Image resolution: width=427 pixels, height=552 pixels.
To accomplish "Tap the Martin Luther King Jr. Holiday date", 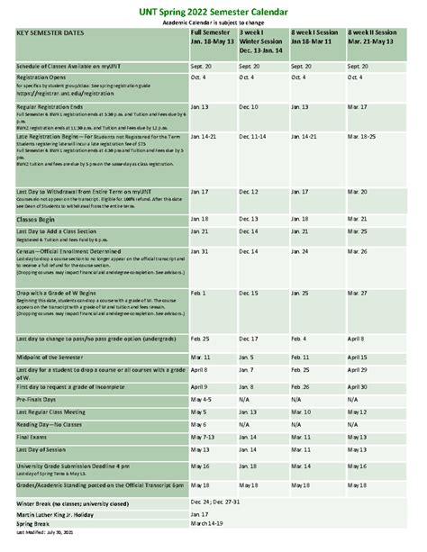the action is (x=200, y=513).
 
